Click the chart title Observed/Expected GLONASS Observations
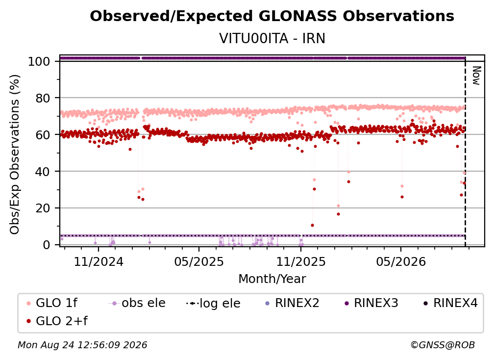(x=272, y=16)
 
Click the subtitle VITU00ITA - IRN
(x=272, y=38)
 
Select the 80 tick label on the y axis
(x=43, y=98)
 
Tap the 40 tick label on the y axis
(x=43, y=172)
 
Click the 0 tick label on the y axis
(x=47, y=245)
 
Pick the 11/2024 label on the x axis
(x=99, y=261)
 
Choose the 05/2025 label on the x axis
(x=199, y=261)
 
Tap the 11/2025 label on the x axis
(x=301, y=261)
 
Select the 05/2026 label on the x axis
(x=401, y=261)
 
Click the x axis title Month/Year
(x=272, y=279)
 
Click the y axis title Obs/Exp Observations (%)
(x=15, y=154)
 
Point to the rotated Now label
(x=476, y=76)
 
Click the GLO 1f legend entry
(x=52, y=303)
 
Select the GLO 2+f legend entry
(x=57, y=321)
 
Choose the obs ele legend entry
(x=137, y=303)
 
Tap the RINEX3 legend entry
(x=371, y=303)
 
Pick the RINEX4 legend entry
(x=451, y=303)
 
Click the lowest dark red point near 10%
(x=312, y=226)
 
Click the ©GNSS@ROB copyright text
(x=443, y=345)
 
